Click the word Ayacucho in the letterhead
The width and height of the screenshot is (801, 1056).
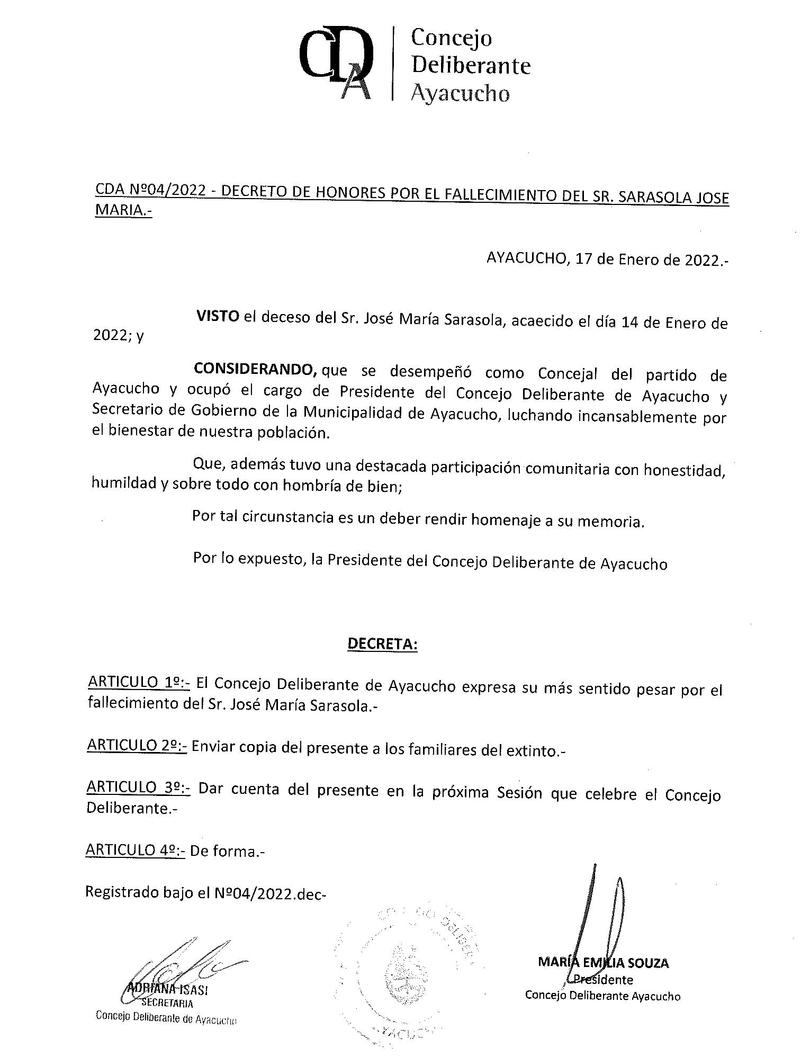[460, 93]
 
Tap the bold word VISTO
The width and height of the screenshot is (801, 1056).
[218, 317]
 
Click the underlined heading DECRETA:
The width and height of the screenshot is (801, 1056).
[382, 645]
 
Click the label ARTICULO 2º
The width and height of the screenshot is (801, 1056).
[137, 745]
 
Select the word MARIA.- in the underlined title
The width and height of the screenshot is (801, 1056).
[123, 210]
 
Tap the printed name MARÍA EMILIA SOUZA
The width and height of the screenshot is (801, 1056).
[603, 962]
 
